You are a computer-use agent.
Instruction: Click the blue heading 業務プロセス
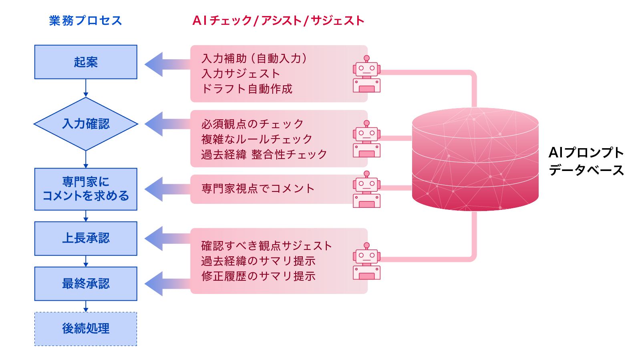coord(85,21)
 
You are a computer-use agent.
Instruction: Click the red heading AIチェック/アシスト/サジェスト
coord(278,21)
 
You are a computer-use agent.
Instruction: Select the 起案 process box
coord(86,62)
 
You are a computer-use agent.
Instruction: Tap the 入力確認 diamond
coord(86,124)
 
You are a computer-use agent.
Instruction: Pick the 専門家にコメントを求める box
coord(86,189)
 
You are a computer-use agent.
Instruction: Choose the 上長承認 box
coord(86,238)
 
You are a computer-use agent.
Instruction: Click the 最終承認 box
coord(86,284)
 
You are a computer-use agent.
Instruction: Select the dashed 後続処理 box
coord(86,329)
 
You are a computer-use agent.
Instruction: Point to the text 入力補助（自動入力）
coord(255,58)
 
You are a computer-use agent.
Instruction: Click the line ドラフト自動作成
coord(247,89)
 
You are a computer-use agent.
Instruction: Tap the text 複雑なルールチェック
coord(257,139)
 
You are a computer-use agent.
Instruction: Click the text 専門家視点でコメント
coord(258,189)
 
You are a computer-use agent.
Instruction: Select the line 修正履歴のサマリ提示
coord(258,276)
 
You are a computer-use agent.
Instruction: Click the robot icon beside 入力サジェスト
coord(366,74)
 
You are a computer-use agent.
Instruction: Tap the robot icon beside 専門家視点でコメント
coord(366,189)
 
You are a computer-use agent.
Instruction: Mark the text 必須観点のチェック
coord(252,124)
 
